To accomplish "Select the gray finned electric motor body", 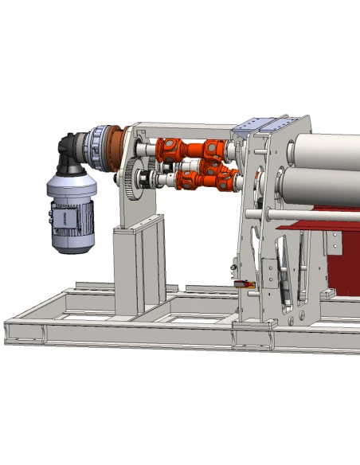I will click(72, 199).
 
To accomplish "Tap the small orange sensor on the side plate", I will click(243, 283).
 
